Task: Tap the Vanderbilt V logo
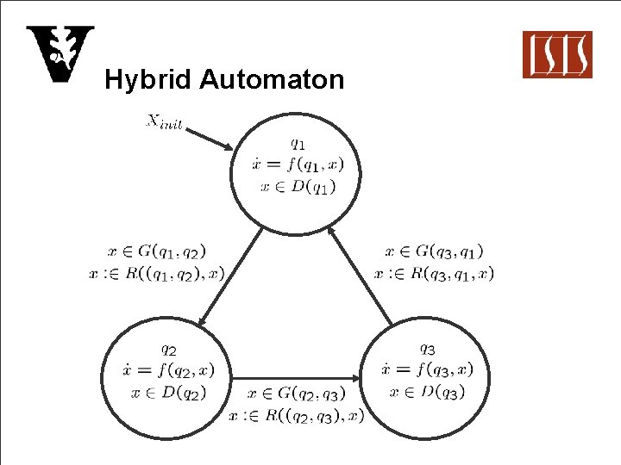tap(59, 54)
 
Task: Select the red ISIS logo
tap(557, 54)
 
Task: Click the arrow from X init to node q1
tap(210, 139)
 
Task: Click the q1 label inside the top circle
tap(296, 145)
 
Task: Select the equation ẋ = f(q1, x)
tap(297, 165)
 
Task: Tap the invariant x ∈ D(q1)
tap(297, 186)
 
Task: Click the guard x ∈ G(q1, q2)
tap(157, 251)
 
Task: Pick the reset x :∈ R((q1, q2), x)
tap(156, 273)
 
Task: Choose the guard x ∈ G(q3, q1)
tap(434, 251)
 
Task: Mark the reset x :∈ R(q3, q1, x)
tap(434, 273)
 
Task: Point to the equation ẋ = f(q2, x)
tap(169, 370)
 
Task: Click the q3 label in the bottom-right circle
tap(427, 349)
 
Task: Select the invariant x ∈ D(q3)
tap(428, 392)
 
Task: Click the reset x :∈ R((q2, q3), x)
tap(297, 415)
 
